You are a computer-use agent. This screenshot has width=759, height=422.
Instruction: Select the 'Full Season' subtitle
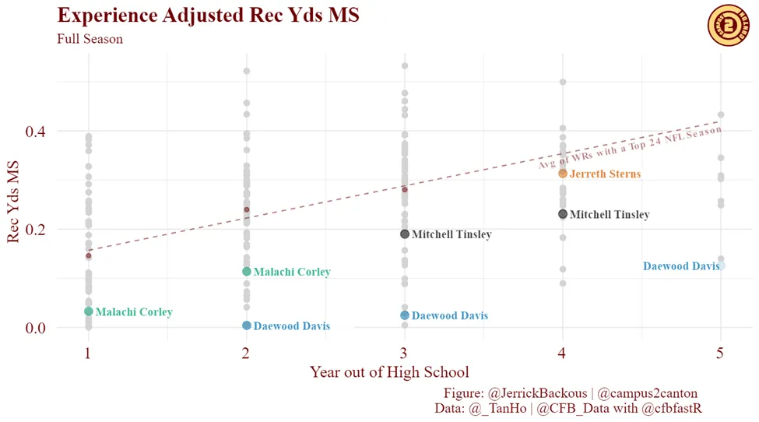coord(90,39)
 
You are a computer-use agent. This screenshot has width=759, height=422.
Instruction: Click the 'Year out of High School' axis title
coord(389,372)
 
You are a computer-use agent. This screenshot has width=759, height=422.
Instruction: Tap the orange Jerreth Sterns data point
coord(563,174)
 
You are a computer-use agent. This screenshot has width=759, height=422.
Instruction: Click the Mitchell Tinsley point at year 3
coord(405,234)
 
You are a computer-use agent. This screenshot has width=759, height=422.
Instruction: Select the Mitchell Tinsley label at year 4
coord(610,215)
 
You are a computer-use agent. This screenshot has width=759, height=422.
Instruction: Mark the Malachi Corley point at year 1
coord(89,311)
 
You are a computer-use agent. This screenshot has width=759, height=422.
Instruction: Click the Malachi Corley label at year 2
coord(292,273)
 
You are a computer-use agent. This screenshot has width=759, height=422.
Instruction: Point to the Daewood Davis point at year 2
coord(247,325)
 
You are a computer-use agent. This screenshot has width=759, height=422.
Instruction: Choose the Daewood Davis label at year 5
coord(681,266)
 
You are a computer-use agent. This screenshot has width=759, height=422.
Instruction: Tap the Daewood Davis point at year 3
coord(405,315)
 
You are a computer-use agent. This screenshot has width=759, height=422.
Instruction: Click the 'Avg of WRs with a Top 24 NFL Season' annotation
coord(631,148)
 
